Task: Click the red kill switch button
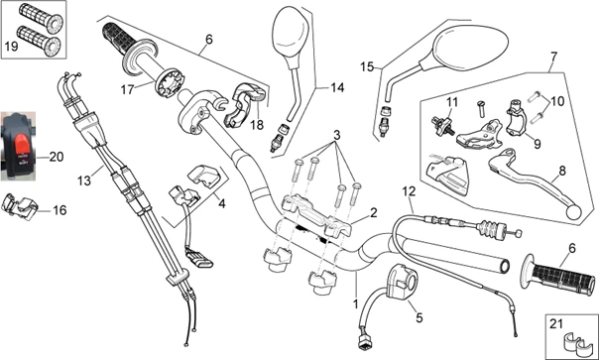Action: click(x=22, y=146)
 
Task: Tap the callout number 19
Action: click(x=12, y=47)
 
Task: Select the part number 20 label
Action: click(x=57, y=157)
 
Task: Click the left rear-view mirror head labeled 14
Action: click(x=291, y=38)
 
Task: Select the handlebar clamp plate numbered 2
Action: click(x=316, y=215)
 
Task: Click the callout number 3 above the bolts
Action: click(x=336, y=135)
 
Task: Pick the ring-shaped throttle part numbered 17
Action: click(x=171, y=82)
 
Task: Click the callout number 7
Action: click(x=553, y=57)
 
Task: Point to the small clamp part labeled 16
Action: click(x=20, y=206)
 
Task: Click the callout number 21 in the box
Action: click(x=555, y=324)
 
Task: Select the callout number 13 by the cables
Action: click(x=84, y=180)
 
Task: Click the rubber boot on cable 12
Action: click(x=491, y=230)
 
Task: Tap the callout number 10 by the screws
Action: click(x=557, y=101)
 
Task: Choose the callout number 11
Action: click(x=452, y=102)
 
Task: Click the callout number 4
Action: click(x=221, y=203)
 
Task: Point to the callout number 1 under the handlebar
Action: click(x=356, y=304)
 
